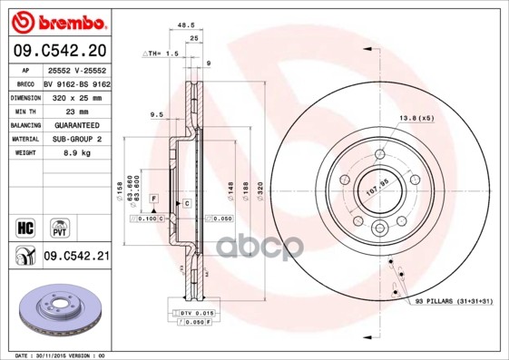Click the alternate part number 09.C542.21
77,258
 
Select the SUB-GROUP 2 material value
73,139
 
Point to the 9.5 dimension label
155,115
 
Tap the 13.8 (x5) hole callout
417,119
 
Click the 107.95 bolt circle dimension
377,188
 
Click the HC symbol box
20,225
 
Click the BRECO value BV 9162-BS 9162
77,81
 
